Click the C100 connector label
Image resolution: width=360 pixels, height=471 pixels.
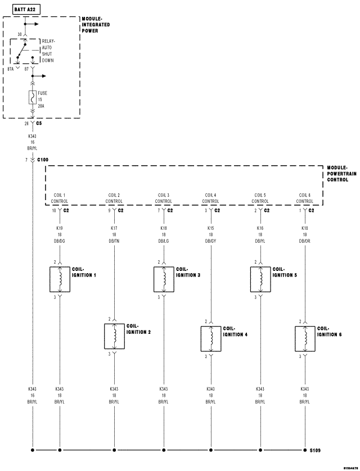[43, 160]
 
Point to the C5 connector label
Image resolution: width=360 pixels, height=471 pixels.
[39, 123]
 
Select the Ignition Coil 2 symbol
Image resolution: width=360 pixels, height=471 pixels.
[114, 336]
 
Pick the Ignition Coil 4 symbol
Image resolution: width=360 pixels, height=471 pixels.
[211, 338]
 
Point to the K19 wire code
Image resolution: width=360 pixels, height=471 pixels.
[60, 229]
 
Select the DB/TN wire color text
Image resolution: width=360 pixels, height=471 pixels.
[114, 241]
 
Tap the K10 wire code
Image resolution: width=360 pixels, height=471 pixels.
[305, 229]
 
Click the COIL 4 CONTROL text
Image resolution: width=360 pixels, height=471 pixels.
[211, 198]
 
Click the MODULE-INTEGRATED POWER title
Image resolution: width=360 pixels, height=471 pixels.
[96, 25]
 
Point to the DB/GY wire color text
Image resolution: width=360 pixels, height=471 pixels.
[211, 241]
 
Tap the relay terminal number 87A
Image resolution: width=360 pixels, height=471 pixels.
[10, 69]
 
